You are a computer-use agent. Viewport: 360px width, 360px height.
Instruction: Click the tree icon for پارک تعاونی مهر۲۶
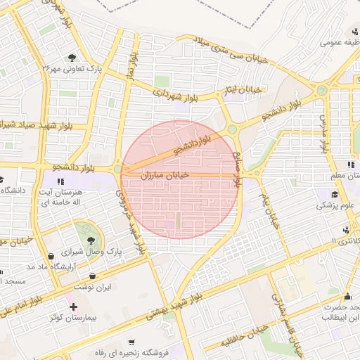pyautogui.click(x=72, y=57)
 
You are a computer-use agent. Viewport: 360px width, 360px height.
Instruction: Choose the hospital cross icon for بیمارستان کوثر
pyautogui.click(x=73, y=307)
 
